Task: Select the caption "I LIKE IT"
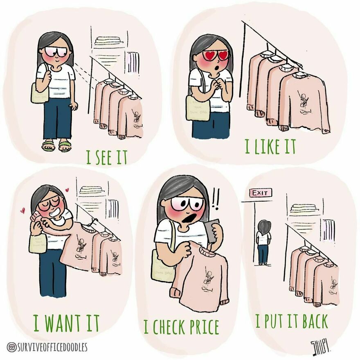pos(270,147)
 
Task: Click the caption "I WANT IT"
pos(66,323)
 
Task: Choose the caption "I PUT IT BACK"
pos(292,322)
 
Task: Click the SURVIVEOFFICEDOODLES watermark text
pos(51,347)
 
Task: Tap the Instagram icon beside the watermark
pos(11,347)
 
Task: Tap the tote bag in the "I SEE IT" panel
pos(40,94)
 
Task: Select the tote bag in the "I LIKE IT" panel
pos(198,108)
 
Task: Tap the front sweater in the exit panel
pos(327,284)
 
